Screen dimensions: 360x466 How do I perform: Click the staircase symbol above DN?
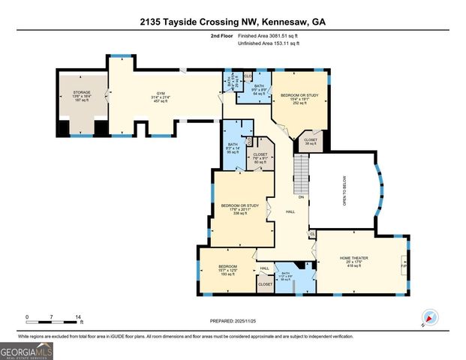coord(300,172)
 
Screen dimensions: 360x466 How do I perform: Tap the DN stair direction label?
coord(302,197)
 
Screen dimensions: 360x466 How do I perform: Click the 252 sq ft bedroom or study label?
coord(299,100)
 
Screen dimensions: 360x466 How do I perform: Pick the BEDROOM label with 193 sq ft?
coord(228,270)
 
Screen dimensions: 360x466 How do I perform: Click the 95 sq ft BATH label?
coord(232,148)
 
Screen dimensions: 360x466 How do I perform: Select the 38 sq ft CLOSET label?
coord(310,141)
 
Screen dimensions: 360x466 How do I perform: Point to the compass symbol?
coord(429,316)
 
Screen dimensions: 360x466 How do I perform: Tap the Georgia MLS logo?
coord(27,350)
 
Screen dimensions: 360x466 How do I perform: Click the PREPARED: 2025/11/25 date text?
coord(233,321)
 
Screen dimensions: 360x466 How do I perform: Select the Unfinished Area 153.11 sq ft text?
coord(268,44)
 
